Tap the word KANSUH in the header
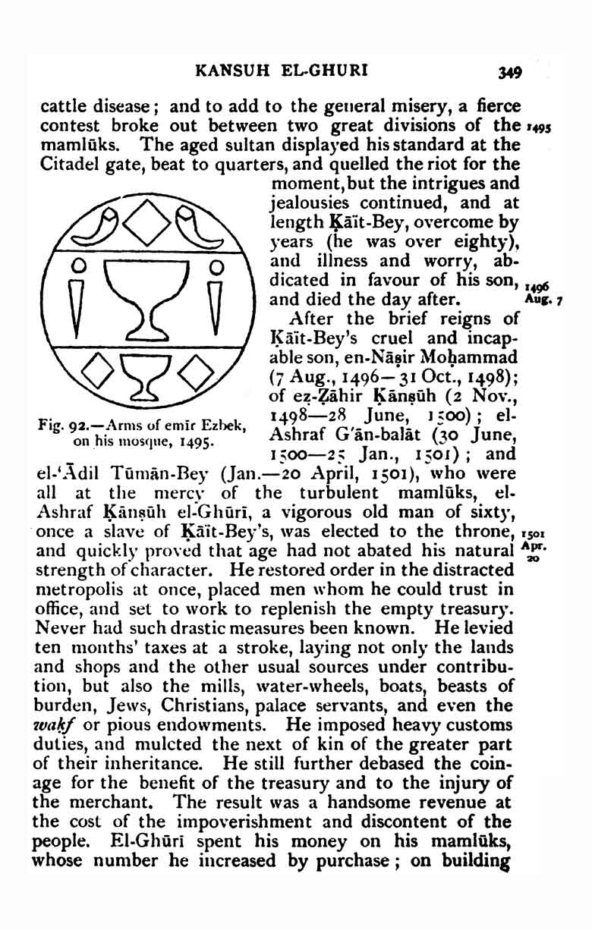click(x=225, y=72)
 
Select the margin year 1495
click(x=537, y=126)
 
